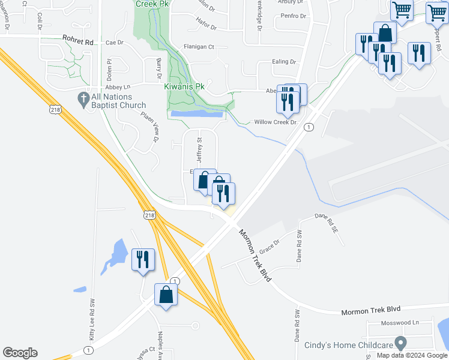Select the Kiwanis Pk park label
tap(184, 86)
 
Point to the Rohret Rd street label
tap(79, 41)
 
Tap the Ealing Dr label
tap(284, 61)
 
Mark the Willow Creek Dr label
tap(275, 122)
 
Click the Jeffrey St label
tap(199, 148)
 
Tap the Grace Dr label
tap(270, 245)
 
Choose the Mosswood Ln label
tap(400, 322)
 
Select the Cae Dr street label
tap(114, 43)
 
